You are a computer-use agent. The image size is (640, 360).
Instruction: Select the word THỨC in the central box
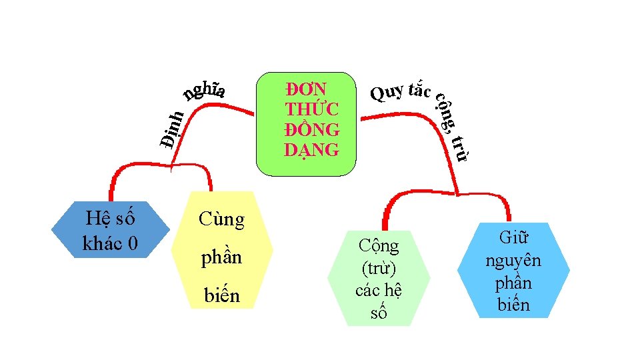coord(311,109)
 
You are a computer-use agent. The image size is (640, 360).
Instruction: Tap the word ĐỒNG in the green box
coord(311,129)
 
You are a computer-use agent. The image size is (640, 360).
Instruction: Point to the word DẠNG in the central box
coord(311,149)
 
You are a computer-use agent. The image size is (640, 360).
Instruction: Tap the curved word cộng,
coord(446,112)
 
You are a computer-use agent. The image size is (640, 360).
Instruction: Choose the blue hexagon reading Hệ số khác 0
coord(110,230)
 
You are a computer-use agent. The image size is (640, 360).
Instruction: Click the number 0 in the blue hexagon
coord(132,243)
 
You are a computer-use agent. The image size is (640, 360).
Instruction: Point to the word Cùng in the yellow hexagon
coord(221,219)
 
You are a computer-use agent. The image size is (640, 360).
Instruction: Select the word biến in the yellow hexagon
coord(221,295)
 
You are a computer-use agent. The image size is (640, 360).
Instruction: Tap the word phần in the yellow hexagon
coord(221,257)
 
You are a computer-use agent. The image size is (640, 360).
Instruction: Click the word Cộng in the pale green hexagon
coord(378,247)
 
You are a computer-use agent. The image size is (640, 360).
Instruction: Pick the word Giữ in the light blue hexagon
coord(513,238)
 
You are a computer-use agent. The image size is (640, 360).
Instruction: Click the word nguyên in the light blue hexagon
coord(513,260)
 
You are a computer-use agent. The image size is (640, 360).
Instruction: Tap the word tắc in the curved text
coord(419,89)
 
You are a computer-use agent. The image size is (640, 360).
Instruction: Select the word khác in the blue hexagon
coord(101,243)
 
